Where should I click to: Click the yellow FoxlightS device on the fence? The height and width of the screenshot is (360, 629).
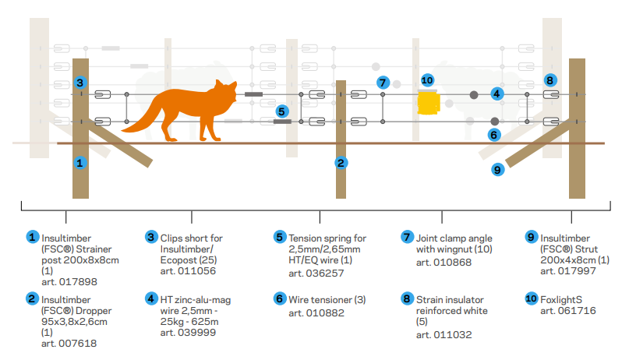pos(428,102)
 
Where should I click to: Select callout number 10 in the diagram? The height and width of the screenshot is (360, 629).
pos(426,79)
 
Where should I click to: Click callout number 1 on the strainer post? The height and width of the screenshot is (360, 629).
pos(80,163)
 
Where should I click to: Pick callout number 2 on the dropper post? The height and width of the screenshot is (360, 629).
pos(341,163)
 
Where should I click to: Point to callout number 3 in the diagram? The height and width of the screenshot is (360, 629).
pos(80,83)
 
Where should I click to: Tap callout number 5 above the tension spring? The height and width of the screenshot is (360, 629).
pos(281,111)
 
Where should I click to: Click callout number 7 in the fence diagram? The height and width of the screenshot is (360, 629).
pos(382,82)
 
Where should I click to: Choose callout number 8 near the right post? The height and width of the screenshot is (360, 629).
pos(551,79)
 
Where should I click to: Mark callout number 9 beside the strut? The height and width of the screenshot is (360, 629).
pos(498,168)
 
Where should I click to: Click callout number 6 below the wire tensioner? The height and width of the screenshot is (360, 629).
pos(494,134)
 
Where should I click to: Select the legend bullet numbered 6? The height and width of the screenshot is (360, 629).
pos(280,299)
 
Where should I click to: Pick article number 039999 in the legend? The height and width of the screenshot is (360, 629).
pos(180,334)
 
